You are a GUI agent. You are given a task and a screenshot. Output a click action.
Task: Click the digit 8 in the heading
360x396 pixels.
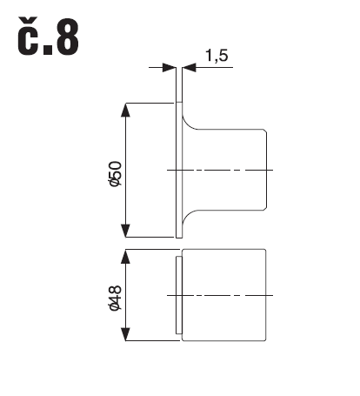point(67,37)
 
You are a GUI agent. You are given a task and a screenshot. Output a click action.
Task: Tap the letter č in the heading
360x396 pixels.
point(28,36)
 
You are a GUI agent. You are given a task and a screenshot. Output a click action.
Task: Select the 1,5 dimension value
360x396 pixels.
point(217,55)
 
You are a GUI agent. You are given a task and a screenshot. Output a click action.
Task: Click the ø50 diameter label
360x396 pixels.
point(115,173)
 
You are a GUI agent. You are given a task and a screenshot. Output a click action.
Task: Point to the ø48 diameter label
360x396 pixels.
point(115,298)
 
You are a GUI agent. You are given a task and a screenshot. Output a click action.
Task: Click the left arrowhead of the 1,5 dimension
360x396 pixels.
point(170,68)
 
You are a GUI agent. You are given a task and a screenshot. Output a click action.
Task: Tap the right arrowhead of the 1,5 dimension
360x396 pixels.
point(189,68)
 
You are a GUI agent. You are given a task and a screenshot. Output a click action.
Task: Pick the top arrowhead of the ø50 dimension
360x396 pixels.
point(125,110)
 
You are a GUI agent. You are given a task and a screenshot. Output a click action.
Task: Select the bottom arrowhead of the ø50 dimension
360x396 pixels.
point(125,231)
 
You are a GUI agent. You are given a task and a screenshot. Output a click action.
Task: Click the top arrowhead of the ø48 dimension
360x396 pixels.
point(125,256)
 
